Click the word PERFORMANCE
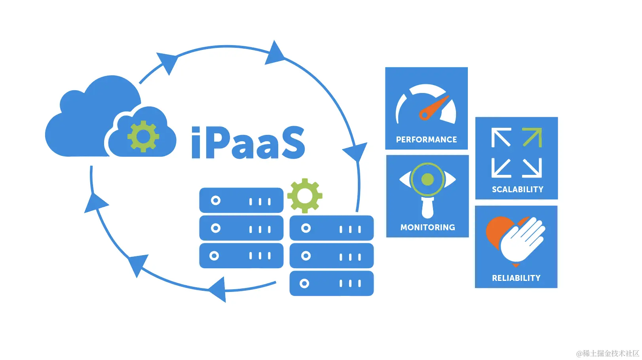click(426, 140)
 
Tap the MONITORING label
click(427, 227)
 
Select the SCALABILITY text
click(517, 189)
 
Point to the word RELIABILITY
click(516, 278)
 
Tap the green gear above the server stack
click(304, 195)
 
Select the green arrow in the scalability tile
click(532, 137)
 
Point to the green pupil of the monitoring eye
click(427, 180)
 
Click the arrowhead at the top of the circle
click(274, 53)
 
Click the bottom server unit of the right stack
click(331, 283)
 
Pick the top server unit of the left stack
click(241, 201)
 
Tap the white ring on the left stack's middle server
click(216, 228)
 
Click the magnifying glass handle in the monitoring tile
click(427, 208)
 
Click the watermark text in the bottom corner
click(608, 353)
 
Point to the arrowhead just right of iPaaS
click(356, 152)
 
